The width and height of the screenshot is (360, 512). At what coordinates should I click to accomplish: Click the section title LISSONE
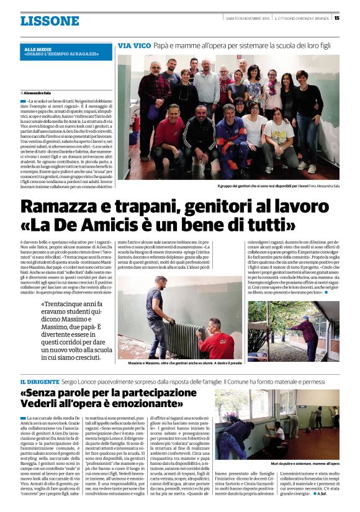50,21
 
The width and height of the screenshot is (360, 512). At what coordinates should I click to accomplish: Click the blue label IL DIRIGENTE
40,380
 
